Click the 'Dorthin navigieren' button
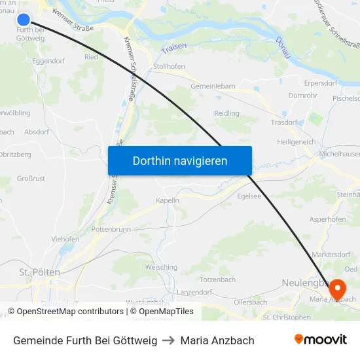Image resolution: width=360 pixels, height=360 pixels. pyautogui.click(x=180, y=160)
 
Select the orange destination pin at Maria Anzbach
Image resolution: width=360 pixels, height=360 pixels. pyautogui.click(x=337, y=288)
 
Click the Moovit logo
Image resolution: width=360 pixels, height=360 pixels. pyautogui.click(x=320, y=340)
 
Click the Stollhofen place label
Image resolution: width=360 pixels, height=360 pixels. pyautogui.click(x=168, y=66)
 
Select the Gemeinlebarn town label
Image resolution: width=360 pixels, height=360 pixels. pyautogui.click(x=213, y=86)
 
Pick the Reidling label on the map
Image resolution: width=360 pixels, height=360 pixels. pyautogui.click(x=226, y=113)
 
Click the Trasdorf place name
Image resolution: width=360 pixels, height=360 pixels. pyautogui.click(x=284, y=122)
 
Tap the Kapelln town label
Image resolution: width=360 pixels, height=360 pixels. pyautogui.click(x=168, y=200)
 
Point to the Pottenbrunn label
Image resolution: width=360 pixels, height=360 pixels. pyautogui.click(x=111, y=229)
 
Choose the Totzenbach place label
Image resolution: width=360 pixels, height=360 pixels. pyautogui.click(x=219, y=279)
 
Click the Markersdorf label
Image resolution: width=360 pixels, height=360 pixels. pyautogui.click(x=331, y=254)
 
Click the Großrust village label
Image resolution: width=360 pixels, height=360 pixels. pyautogui.click(x=31, y=178)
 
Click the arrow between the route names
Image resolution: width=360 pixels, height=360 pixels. pyautogui.click(x=169, y=340)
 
